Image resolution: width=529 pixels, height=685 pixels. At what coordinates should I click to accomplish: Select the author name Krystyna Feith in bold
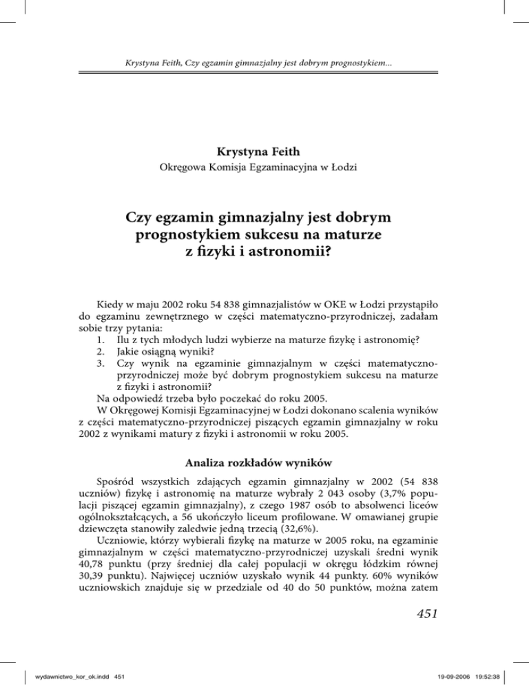click(264, 149)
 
